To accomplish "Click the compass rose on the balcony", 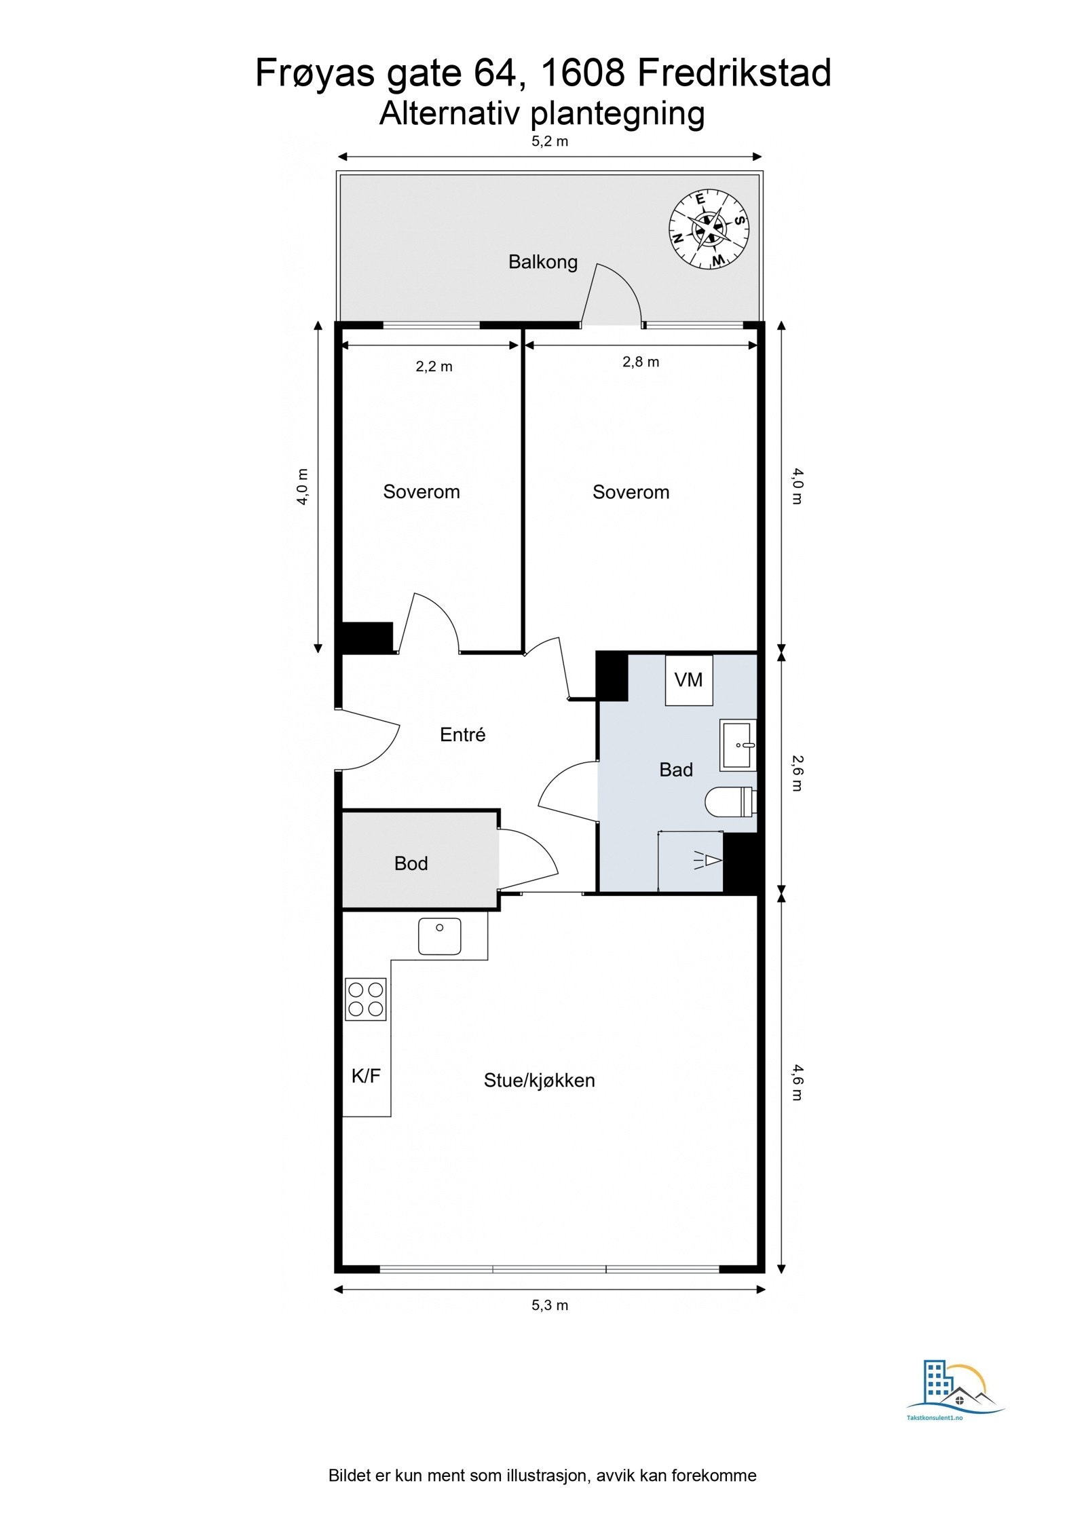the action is click(709, 228).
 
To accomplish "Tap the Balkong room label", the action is click(543, 262).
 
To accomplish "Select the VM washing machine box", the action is click(689, 679).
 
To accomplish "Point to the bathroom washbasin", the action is click(738, 745).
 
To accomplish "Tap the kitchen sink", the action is click(440, 936).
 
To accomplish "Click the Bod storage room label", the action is click(411, 863).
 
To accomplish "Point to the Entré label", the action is click(463, 734).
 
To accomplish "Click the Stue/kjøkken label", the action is click(539, 1081).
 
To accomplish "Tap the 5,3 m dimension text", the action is click(550, 1305).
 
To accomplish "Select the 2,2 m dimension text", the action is click(434, 367).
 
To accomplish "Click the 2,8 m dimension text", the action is click(641, 362).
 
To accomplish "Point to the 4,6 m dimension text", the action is click(798, 1083).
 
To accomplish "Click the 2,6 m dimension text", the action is click(798, 774).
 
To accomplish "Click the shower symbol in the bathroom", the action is click(707, 861).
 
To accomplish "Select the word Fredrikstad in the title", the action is click(734, 73).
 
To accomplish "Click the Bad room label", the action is click(676, 770).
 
